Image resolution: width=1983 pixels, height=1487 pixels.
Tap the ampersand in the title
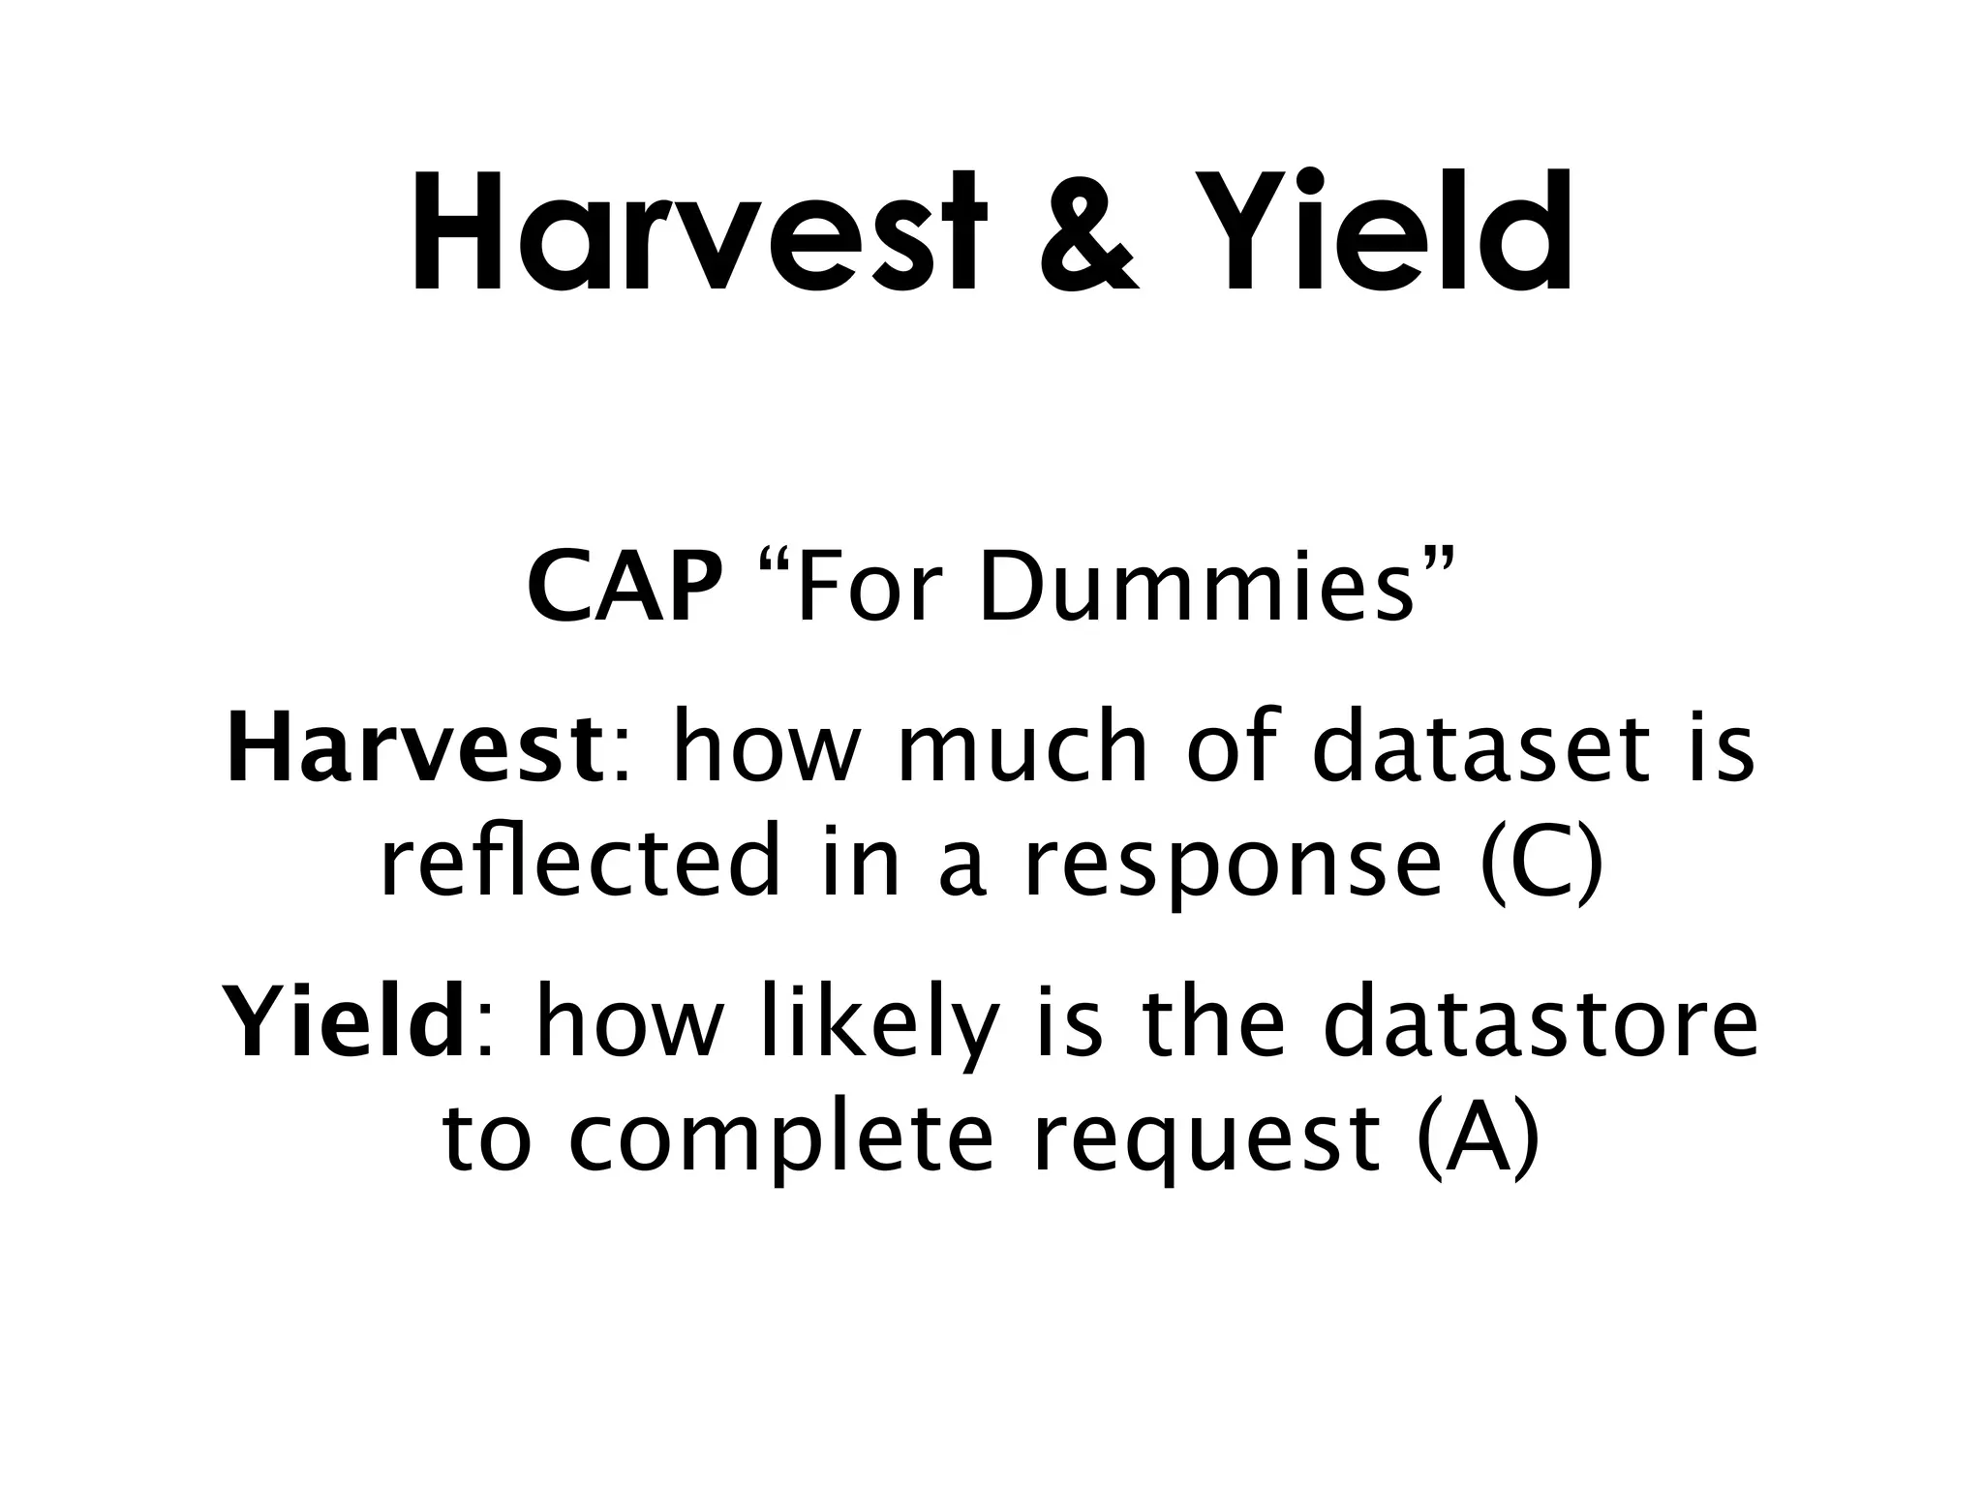click(x=1086, y=234)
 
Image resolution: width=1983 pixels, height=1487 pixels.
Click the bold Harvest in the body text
click(x=414, y=748)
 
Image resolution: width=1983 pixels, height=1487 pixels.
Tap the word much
click(x=1022, y=748)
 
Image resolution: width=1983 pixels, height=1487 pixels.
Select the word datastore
click(x=1541, y=1022)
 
